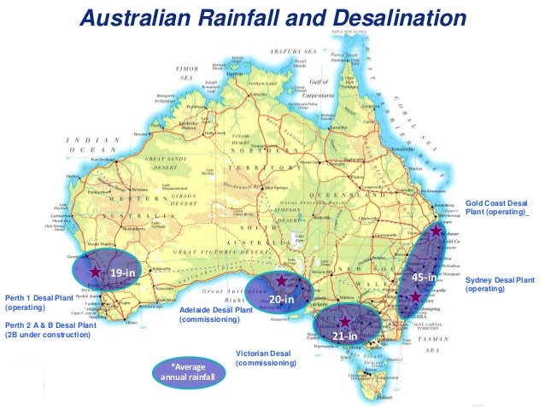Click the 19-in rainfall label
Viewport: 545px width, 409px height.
(x=123, y=272)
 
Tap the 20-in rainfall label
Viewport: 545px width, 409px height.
(x=282, y=301)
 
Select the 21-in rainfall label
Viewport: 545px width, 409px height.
(x=343, y=336)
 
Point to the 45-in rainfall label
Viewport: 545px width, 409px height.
(x=425, y=278)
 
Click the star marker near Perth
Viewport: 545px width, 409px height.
(x=94, y=270)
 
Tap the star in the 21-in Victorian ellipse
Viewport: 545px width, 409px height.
(x=343, y=321)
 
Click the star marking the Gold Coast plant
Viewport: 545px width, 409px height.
(x=437, y=231)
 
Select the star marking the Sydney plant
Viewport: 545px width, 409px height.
(x=415, y=296)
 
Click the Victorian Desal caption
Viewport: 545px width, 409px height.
(x=266, y=358)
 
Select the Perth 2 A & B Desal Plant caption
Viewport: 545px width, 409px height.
(x=48, y=330)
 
